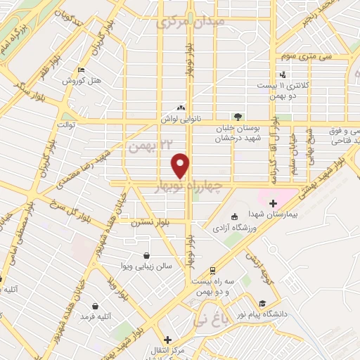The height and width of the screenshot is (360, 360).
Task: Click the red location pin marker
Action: coord(181,166)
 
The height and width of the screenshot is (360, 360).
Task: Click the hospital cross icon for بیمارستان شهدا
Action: coord(273,202)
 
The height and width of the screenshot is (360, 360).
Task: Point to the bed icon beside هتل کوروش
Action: coord(82,70)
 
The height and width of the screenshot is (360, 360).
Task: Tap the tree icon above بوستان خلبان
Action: coord(238,117)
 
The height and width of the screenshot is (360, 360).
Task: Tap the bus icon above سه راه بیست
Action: coord(212,270)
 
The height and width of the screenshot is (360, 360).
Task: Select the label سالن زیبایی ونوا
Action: coord(145,267)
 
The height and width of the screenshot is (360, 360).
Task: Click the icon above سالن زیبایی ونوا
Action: coord(146,255)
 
